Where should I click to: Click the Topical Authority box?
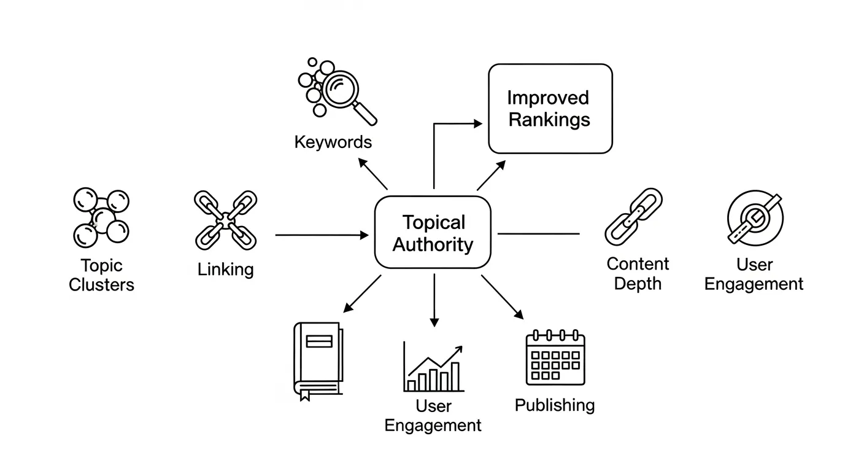click(433, 233)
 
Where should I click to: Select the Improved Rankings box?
click(550, 109)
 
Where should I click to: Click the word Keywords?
click(333, 142)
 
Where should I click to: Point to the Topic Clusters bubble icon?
click(101, 217)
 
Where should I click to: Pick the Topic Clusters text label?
click(101, 275)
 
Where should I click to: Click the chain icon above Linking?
click(225, 219)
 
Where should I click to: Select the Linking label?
click(225, 269)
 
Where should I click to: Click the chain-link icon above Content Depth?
click(634, 216)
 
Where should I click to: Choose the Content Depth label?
click(638, 274)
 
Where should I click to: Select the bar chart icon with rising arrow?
click(433, 368)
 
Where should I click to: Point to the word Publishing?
click(555, 405)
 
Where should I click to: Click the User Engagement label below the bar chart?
click(433, 416)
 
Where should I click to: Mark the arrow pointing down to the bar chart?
click(434, 301)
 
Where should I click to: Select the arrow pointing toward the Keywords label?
click(372, 174)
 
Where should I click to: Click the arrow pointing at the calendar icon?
click(502, 297)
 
